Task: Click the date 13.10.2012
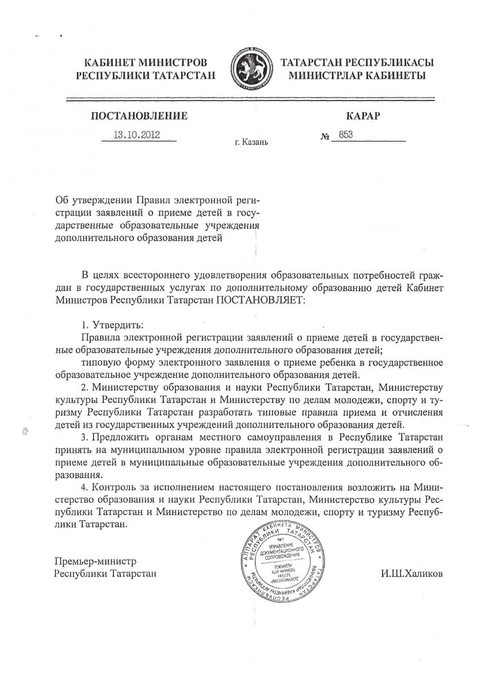pos(138,135)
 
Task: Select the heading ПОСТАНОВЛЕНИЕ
pos(139,116)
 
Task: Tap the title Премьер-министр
pos(96,561)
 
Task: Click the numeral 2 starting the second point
pos(85,387)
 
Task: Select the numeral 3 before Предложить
pos(85,438)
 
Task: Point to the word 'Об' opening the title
pos(62,200)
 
